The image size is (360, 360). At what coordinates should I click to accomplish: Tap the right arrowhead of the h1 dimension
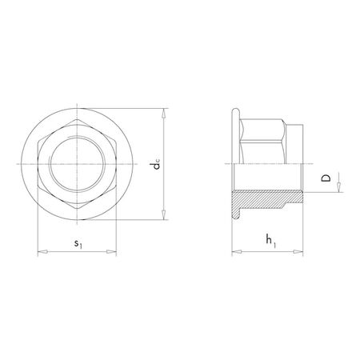point(301,254)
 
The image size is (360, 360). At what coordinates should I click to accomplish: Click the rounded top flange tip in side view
point(234,110)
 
